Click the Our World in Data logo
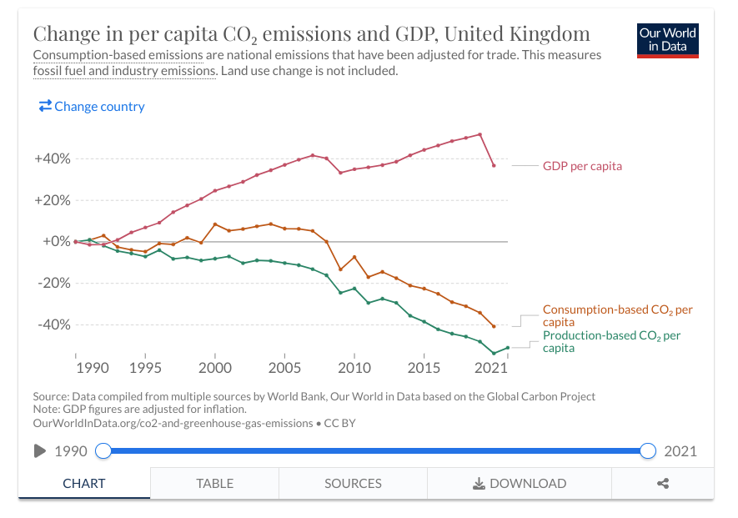667,38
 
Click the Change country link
92,107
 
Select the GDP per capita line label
582,166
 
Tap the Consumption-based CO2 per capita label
617,315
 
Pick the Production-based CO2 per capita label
611,341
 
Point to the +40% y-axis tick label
52,158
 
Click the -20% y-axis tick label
53,283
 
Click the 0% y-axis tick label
55,241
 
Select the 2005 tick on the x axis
284,368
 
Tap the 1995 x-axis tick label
145,368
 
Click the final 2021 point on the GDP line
494,165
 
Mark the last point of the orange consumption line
494,326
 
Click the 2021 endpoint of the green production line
507,348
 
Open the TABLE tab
214,483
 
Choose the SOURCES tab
353,483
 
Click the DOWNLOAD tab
519,483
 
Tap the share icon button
663,483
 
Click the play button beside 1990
39,451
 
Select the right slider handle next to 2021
648,451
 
